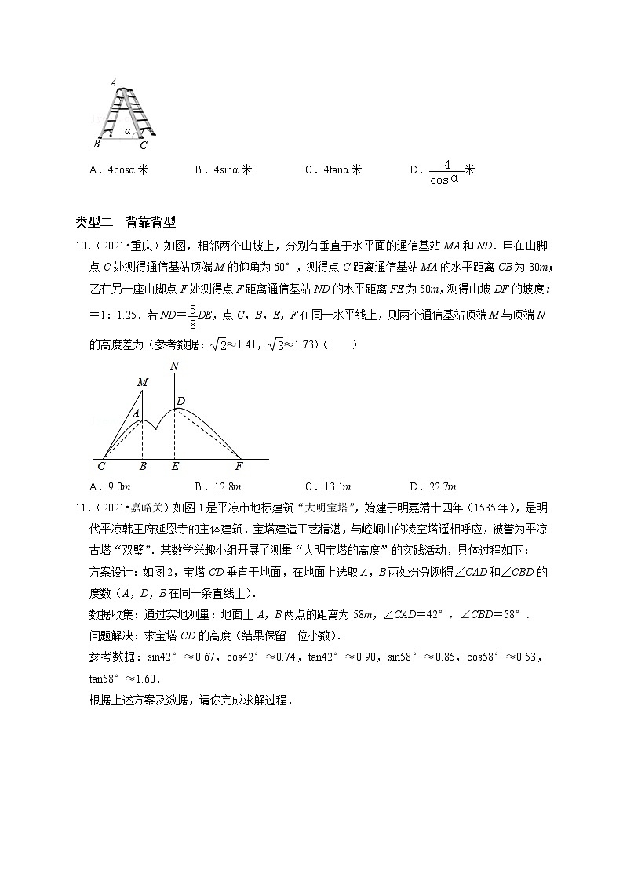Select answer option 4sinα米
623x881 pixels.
[x=223, y=169]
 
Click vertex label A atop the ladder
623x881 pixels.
[x=113, y=82]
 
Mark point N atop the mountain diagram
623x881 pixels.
[x=174, y=366]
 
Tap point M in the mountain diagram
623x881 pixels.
[x=143, y=382]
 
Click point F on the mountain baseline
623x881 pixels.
[x=239, y=466]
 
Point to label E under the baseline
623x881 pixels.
[x=175, y=466]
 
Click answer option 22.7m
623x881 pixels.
[x=433, y=486]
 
